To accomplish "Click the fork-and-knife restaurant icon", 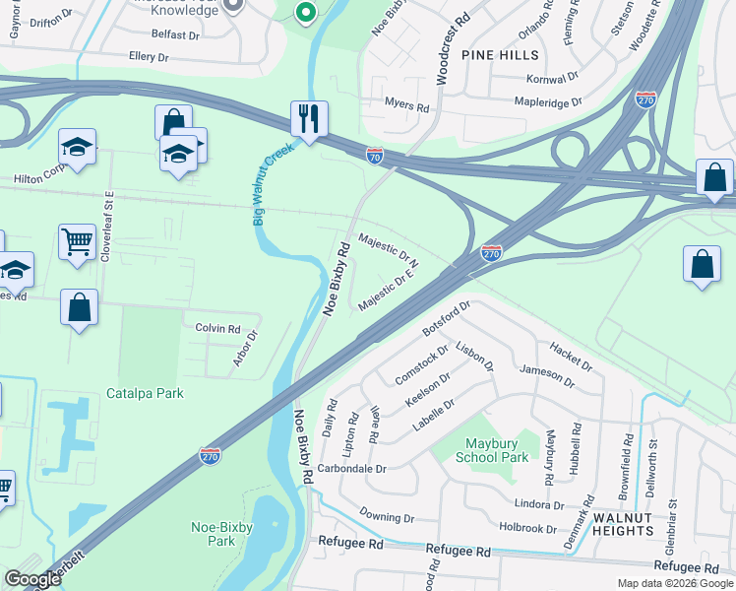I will [x=309, y=119].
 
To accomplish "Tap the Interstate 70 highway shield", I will [x=374, y=156].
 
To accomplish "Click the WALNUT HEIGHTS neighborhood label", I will [x=623, y=524].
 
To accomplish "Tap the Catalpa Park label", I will [x=145, y=393].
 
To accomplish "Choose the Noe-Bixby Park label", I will [x=214, y=534].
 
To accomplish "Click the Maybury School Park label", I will [x=493, y=450].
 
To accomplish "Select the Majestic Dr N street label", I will [x=389, y=250].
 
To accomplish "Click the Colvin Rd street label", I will [x=217, y=328].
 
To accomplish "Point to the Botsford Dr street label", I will [x=448, y=315].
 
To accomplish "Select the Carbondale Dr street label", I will [x=353, y=469].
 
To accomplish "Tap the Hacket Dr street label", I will [x=571, y=357].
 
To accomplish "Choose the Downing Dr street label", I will [x=387, y=516].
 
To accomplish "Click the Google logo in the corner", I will [x=33, y=578].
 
